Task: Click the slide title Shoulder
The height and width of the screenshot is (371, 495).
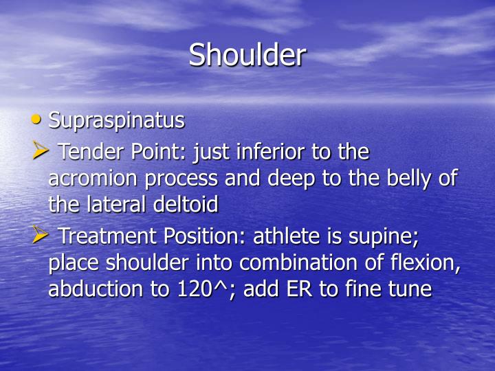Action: [x=247, y=55]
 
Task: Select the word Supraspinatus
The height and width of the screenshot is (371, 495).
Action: [x=116, y=120]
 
